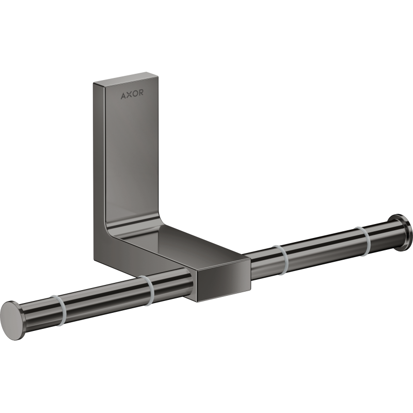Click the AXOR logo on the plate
pyautogui.click(x=132, y=94)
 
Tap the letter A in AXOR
pyautogui.click(x=123, y=96)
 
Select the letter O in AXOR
pyautogui.click(x=135, y=93)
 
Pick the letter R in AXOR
pyautogui.click(x=141, y=93)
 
